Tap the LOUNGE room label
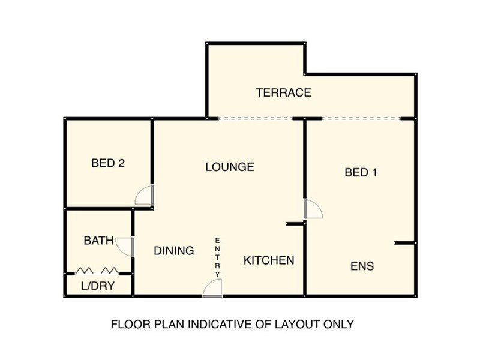point(230,167)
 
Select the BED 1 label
point(361,173)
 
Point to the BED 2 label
point(108,163)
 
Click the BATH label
point(98,241)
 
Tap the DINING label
point(173,251)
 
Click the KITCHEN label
point(269,260)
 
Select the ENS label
point(362,266)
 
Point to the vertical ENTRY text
point(218,257)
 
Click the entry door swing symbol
point(212,289)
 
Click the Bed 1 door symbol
point(313,209)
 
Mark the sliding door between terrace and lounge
point(255,118)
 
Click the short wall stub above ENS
point(405,243)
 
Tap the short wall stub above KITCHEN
point(296,224)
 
